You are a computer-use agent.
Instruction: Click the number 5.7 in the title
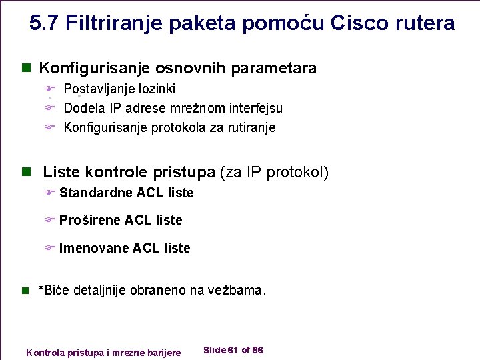pos(45,23)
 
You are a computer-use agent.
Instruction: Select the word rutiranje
pos(249,127)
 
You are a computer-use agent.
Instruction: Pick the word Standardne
pos(96,193)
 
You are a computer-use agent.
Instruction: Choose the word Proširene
pos(90,220)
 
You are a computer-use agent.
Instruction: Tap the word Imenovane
pos(94,248)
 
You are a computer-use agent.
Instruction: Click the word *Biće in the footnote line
pos(54,291)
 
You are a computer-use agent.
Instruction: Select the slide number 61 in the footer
pos(233,350)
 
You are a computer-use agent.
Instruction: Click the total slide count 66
pos(258,350)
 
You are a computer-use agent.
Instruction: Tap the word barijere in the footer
pos(163,352)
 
